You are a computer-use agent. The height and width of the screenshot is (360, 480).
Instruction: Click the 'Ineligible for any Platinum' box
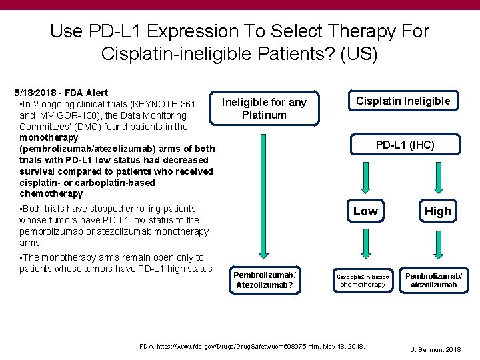click(x=264, y=108)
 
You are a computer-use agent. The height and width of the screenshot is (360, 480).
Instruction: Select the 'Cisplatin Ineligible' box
click(x=403, y=101)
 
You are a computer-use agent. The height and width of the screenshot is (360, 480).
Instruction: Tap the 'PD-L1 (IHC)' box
click(x=405, y=145)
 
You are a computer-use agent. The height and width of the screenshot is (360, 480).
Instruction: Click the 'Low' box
click(x=365, y=211)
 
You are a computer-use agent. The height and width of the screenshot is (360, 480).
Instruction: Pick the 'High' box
click(x=437, y=211)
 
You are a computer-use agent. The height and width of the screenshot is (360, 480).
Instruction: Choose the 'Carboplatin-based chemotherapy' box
click(x=363, y=280)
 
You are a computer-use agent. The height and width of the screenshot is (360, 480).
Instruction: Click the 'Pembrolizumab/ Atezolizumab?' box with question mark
click(x=264, y=280)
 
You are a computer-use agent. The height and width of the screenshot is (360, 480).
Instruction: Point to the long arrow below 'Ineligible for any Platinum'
click(x=264, y=193)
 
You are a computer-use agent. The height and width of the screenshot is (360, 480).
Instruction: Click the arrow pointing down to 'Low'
click(x=365, y=176)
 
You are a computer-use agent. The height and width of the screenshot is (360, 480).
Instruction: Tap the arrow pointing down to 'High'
click(x=438, y=176)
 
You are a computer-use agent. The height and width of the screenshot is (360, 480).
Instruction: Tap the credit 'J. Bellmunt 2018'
click(x=435, y=349)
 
